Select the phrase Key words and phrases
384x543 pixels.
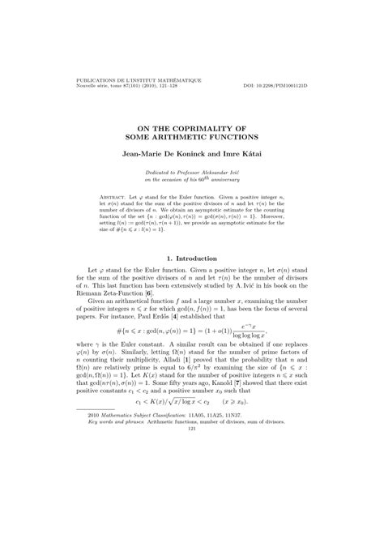(x=119, y=511)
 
